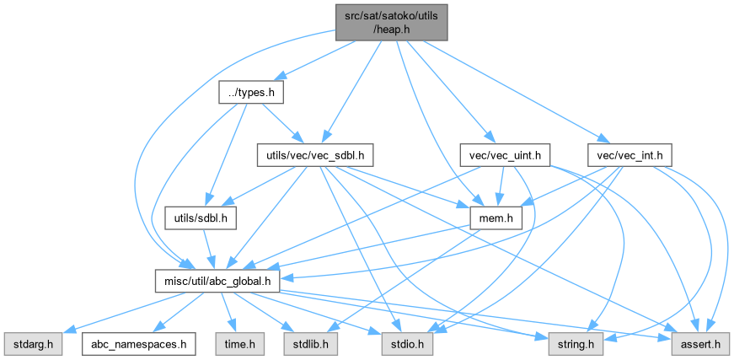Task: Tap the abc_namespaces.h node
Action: [x=138, y=345]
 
